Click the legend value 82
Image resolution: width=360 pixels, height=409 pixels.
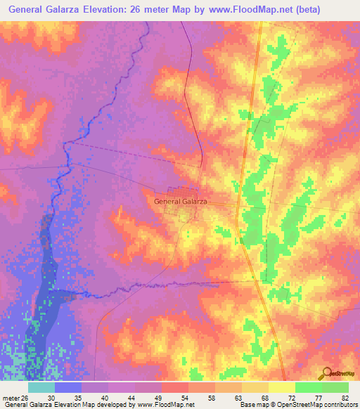coord(345,397)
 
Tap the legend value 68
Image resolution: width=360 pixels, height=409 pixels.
coord(264,397)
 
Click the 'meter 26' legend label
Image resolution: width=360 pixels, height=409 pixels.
coord(15,397)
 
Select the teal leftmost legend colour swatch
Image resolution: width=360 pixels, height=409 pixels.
coord(41,387)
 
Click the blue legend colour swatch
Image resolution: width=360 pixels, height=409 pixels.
coord(68,387)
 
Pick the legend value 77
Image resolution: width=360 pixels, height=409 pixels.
coord(317,397)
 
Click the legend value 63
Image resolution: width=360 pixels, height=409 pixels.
coord(238,397)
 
